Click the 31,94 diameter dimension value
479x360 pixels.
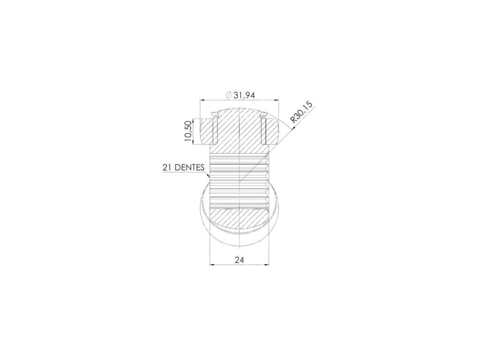coord(244,95)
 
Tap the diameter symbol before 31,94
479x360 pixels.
coord(229,95)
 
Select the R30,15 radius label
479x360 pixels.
coord(301,112)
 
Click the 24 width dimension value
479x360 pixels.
coord(239,260)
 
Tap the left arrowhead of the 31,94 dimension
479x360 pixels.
coord(202,99)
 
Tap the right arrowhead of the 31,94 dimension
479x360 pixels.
coord(276,99)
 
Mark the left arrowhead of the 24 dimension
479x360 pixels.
coord(212,265)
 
